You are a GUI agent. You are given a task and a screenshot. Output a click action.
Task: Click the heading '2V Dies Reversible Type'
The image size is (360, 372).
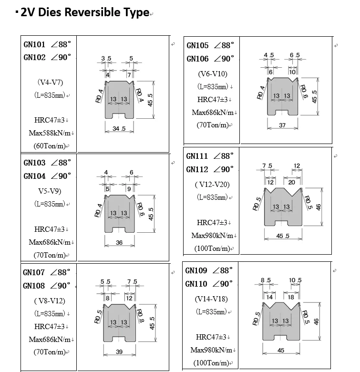coord(85,12)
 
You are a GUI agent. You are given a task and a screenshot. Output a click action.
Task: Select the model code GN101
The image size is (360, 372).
coord(34,44)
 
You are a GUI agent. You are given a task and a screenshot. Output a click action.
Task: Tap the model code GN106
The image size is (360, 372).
coord(197,59)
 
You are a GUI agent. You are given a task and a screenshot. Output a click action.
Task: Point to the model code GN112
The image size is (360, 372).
coord(197,169)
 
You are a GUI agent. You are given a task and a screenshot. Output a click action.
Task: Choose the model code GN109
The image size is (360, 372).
coord(196,270)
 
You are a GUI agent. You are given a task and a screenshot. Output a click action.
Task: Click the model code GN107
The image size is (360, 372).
coord(34,272)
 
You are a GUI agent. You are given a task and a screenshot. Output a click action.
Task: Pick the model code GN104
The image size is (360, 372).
coord(34,176)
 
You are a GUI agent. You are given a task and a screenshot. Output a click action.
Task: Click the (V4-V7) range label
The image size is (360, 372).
coord(50,83)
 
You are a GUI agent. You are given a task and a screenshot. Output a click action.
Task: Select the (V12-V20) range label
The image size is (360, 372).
coord(212,185)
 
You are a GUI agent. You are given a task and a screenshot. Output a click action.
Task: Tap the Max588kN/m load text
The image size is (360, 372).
coord(50,133)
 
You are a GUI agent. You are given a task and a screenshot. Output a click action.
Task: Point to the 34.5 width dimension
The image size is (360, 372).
coord(119,129)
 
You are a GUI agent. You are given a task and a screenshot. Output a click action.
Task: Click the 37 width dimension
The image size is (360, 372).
coord(282,125)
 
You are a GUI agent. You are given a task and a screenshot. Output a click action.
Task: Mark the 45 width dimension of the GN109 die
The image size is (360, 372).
coord(281,351)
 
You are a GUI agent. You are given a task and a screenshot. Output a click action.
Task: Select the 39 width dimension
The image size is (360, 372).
coord(119,351)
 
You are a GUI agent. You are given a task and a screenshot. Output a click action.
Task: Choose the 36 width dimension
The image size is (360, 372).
coord(119,242)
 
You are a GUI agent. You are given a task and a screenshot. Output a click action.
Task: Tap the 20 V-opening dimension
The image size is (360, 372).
coord(291,182)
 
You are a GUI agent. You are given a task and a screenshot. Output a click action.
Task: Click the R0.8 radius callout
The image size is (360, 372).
coord(141,316)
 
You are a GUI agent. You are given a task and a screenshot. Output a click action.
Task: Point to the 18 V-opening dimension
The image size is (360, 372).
coord(291,297)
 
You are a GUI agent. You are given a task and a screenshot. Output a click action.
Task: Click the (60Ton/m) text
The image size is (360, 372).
coord(50,145)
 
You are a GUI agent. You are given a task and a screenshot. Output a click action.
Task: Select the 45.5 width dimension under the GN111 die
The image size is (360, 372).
coord(283,236)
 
